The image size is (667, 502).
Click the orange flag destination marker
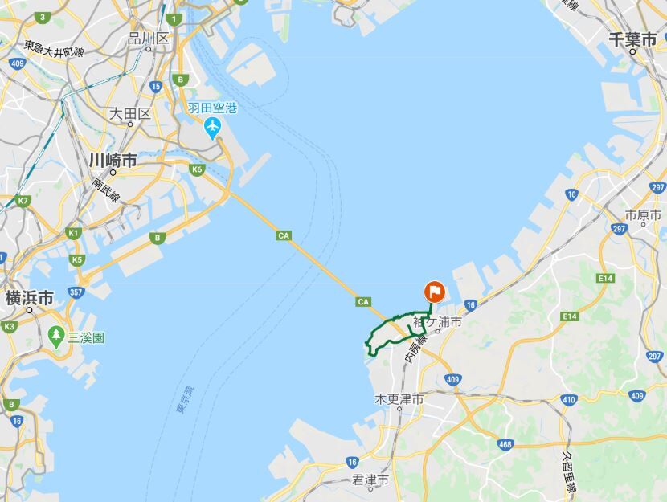433,291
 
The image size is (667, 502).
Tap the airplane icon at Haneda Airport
212,126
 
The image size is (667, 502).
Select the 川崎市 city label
113,161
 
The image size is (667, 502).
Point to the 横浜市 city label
29,298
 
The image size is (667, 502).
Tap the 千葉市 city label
634,38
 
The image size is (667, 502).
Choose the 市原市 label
642,215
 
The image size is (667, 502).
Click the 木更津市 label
399,399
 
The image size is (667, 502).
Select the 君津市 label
370,480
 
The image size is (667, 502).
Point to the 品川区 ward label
149,38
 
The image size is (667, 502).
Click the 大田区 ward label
129,113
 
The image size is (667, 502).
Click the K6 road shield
197,169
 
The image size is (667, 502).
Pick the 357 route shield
76,292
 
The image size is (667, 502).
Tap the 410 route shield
569,398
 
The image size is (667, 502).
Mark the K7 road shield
23,200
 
